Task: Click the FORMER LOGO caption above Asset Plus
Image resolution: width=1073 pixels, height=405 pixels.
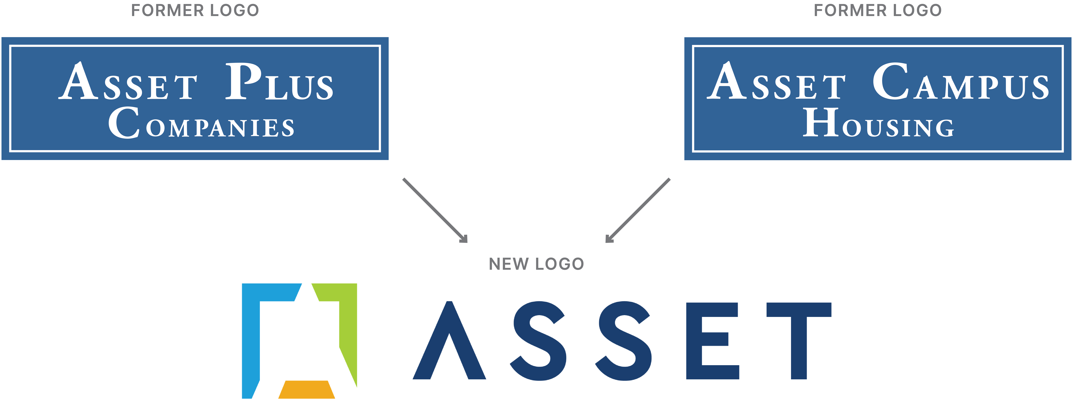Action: click(195, 10)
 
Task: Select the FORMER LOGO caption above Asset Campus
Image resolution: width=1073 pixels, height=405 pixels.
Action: click(878, 10)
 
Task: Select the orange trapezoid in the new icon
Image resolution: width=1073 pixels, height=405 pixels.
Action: click(307, 390)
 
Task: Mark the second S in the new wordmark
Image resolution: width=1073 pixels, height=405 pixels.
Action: click(624, 341)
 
